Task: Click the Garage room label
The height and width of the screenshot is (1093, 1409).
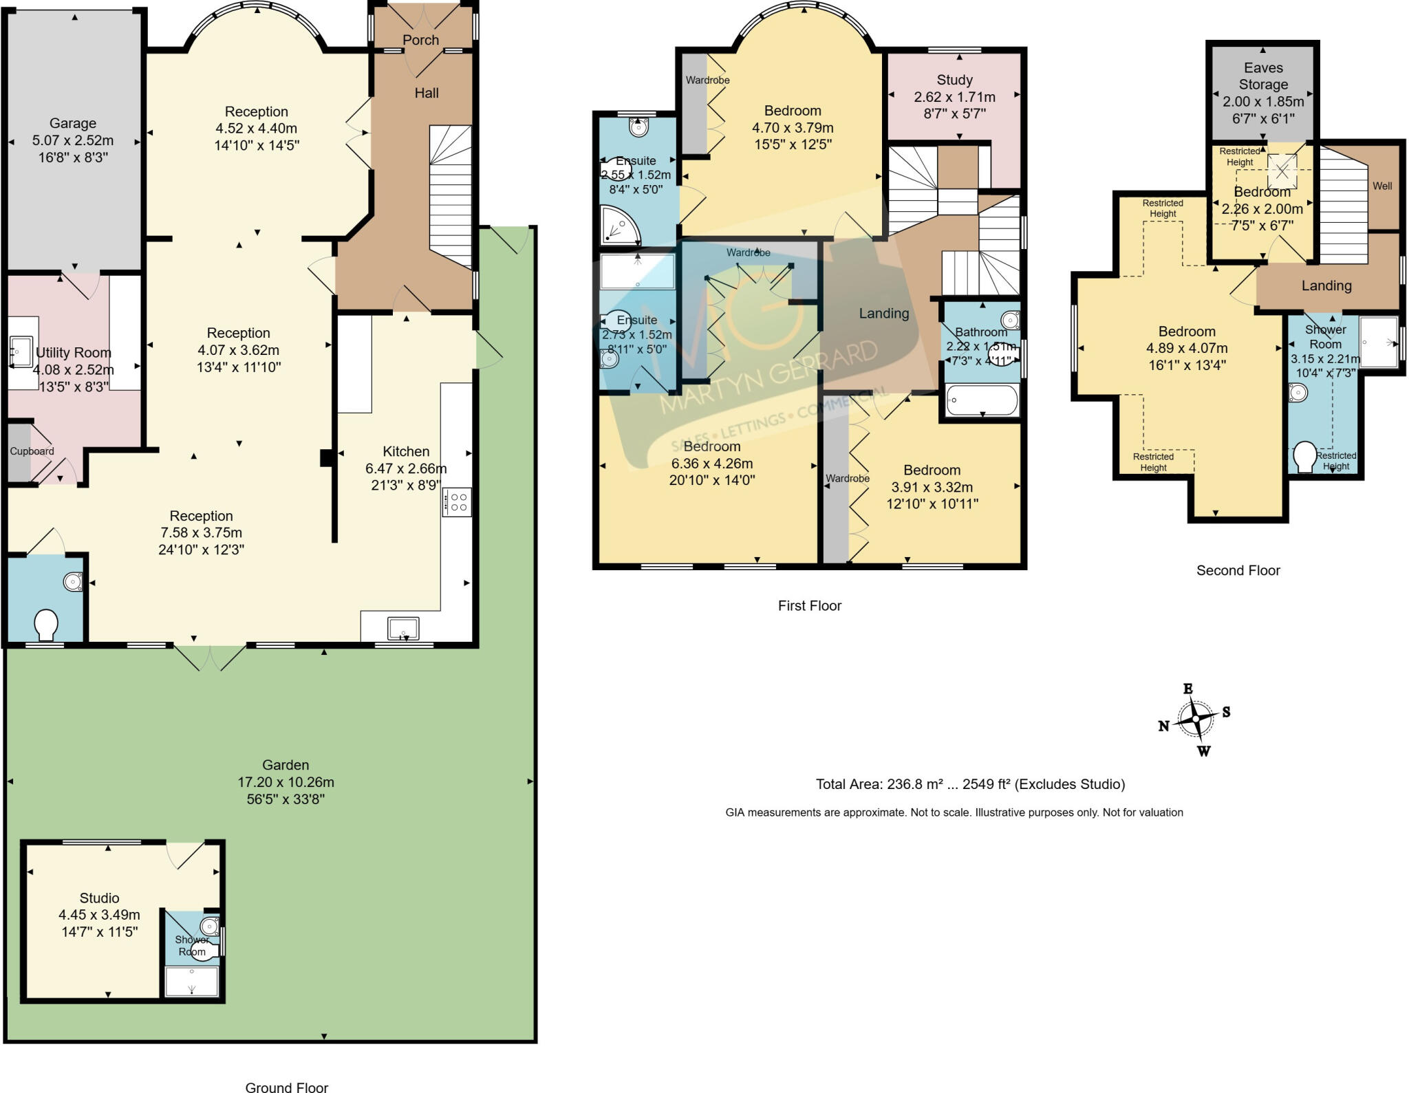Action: (72, 123)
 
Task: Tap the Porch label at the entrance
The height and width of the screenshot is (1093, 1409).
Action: (420, 40)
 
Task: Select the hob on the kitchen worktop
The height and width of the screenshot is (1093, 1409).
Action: (458, 501)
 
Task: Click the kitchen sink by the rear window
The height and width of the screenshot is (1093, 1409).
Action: (403, 629)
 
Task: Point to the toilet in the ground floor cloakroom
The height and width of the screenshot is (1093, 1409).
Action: (46, 625)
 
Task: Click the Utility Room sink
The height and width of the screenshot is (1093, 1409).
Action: (21, 353)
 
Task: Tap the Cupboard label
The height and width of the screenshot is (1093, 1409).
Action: (32, 451)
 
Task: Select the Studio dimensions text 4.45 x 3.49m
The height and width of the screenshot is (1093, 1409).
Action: (99, 915)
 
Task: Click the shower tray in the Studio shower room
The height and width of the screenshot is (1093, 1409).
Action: (192, 981)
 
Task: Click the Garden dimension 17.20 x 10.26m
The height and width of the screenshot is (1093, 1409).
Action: (286, 782)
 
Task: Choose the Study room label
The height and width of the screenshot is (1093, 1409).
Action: (954, 80)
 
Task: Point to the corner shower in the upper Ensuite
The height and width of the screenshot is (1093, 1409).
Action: (619, 226)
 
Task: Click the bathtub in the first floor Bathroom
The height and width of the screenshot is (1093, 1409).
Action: (982, 400)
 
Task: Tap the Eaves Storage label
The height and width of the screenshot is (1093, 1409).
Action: (1263, 76)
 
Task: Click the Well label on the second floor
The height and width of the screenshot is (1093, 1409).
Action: (1382, 186)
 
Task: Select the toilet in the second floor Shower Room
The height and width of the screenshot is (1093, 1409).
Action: (1304, 457)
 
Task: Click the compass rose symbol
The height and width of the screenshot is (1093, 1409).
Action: (1196, 719)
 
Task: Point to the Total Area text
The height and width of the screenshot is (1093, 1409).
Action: (970, 784)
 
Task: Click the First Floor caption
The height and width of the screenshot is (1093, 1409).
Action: (809, 605)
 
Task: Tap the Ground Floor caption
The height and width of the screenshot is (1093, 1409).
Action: (286, 1087)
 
